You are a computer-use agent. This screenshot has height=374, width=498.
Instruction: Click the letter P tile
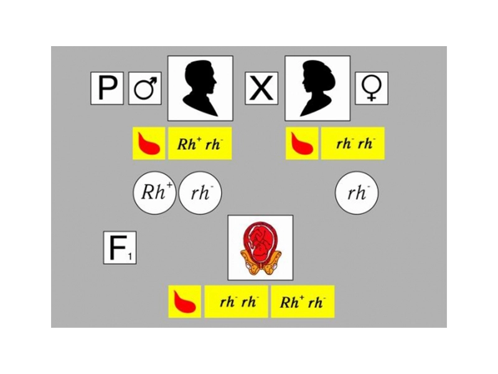[107, 89]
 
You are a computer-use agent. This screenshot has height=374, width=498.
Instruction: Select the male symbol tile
[145, 89]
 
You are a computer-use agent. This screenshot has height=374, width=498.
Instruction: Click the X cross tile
[261, 89]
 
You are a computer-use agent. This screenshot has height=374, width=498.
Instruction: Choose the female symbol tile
[372, 89]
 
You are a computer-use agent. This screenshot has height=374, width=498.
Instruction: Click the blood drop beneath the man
[149, 143]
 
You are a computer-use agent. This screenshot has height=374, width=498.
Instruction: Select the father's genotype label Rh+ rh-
[200, 143]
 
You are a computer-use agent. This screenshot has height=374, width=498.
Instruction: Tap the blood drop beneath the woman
[302, 143]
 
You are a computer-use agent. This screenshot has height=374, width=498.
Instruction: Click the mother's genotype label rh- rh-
[353, 143]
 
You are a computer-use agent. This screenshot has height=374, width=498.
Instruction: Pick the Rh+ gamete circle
[154, 193]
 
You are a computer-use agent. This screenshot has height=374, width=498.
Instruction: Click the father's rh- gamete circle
[200, 193]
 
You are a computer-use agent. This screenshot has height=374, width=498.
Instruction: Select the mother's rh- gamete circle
[357, 193]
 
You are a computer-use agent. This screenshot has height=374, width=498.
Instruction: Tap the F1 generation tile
[120, 247]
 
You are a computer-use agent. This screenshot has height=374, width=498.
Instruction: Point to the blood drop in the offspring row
[184, 302]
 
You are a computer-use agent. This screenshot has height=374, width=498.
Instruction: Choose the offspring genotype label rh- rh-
[237, 302]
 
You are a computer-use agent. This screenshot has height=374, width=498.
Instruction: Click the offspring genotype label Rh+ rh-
[303, 302]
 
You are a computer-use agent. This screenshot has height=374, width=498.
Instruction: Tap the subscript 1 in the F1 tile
[130, 256]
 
